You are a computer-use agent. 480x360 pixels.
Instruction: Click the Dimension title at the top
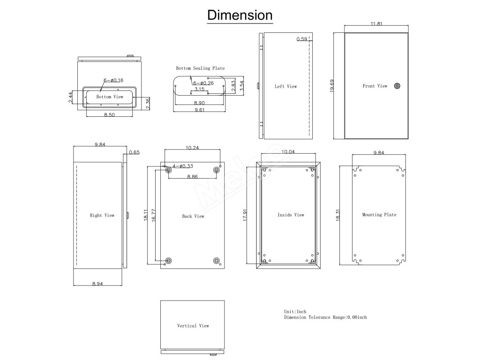[x=240, y=15]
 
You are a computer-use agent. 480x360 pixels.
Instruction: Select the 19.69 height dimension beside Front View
[x=331, y=86]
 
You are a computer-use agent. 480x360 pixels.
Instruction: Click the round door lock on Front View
[x=397, y=86]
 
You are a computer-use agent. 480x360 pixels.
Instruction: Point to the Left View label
[x=285, y=86]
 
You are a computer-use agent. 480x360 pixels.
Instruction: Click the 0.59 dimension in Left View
[x=302, y=39]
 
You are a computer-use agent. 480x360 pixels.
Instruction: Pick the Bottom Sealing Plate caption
[x=200, y=68]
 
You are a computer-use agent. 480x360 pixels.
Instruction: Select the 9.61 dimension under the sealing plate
[x=199, y=111]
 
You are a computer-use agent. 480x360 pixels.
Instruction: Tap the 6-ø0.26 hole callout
[x=203, y=83]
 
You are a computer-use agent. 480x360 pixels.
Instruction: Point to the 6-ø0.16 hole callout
[x=113, y=81]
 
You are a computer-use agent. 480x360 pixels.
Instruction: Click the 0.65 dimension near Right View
[x=134, y=152]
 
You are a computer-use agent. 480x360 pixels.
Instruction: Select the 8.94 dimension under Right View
[x=98, y=284]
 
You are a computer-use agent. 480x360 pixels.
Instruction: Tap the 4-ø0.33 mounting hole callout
[x=183, y=166]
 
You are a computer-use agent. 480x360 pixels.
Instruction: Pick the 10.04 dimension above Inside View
[x=288, y=152]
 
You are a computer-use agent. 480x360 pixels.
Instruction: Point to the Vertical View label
[x=193, y=326]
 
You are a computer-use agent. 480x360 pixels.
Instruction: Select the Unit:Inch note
[x=295, y=312]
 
